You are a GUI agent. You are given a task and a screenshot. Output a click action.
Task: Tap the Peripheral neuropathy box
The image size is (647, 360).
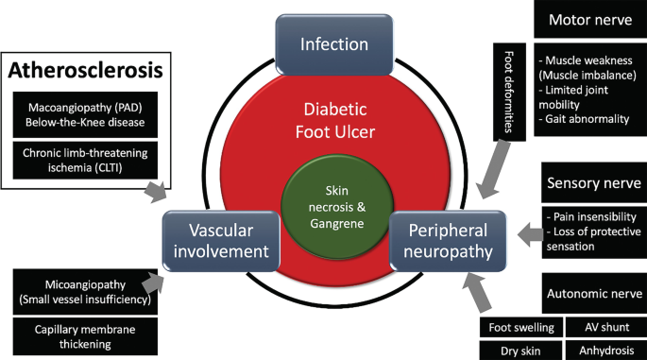[x=451, y=241]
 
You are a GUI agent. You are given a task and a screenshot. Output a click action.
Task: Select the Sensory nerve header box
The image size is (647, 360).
[x=591, y=181]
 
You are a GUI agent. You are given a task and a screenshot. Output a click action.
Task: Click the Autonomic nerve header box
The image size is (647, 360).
[x=591, y=294]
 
